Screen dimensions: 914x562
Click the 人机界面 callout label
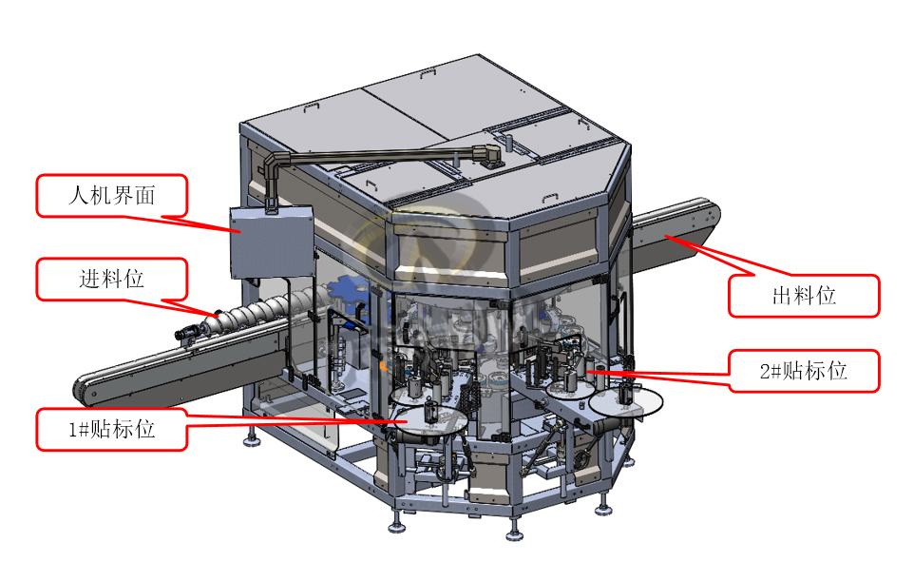point(112,196)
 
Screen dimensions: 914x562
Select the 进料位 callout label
point(112,279)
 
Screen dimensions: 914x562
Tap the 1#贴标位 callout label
point(112,430)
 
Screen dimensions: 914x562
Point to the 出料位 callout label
point(804,296)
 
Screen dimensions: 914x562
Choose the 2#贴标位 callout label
point(804,371)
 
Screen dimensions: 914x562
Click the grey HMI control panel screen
point(271,242)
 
